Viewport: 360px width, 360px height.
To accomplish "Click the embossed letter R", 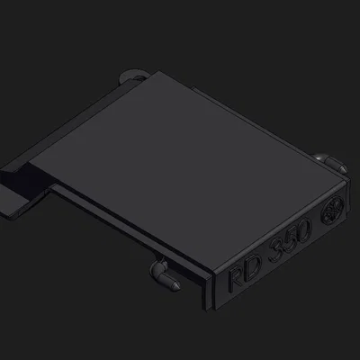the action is click(236, 278).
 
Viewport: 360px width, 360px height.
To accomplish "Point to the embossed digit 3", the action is click(276, 250).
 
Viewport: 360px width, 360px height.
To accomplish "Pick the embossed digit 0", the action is click(303, 230).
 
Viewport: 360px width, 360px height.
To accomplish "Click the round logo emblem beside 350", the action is click(332, 209).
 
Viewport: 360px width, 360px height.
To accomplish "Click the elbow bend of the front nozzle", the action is click(156, 269).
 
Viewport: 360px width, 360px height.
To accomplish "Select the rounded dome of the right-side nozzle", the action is click(318, 157).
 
